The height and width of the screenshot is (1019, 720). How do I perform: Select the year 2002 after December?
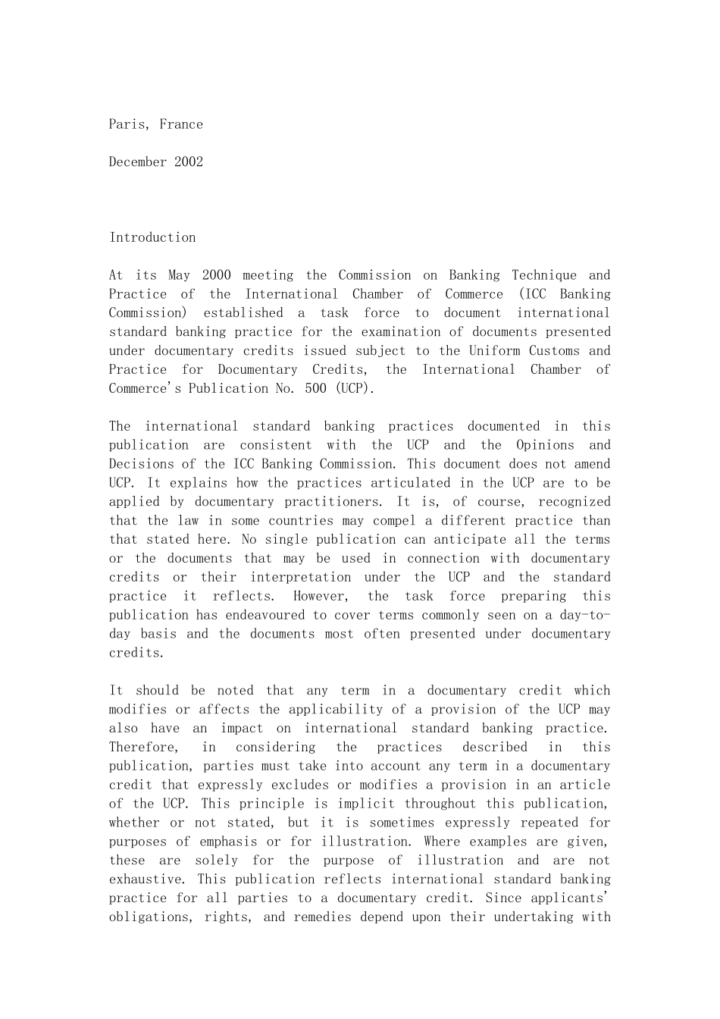pyautogui.click(x=189, y=161)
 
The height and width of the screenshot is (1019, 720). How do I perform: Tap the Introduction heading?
pyautogui.click(x=152, y=237)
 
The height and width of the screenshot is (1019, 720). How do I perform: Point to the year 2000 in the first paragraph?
pyautogui.click(x=216, y=275)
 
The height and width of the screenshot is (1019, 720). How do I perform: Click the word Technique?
pyautogui.click(x=543, y=275)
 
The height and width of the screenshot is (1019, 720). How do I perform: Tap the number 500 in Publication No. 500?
pyautogui.click(x=315, y=388)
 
